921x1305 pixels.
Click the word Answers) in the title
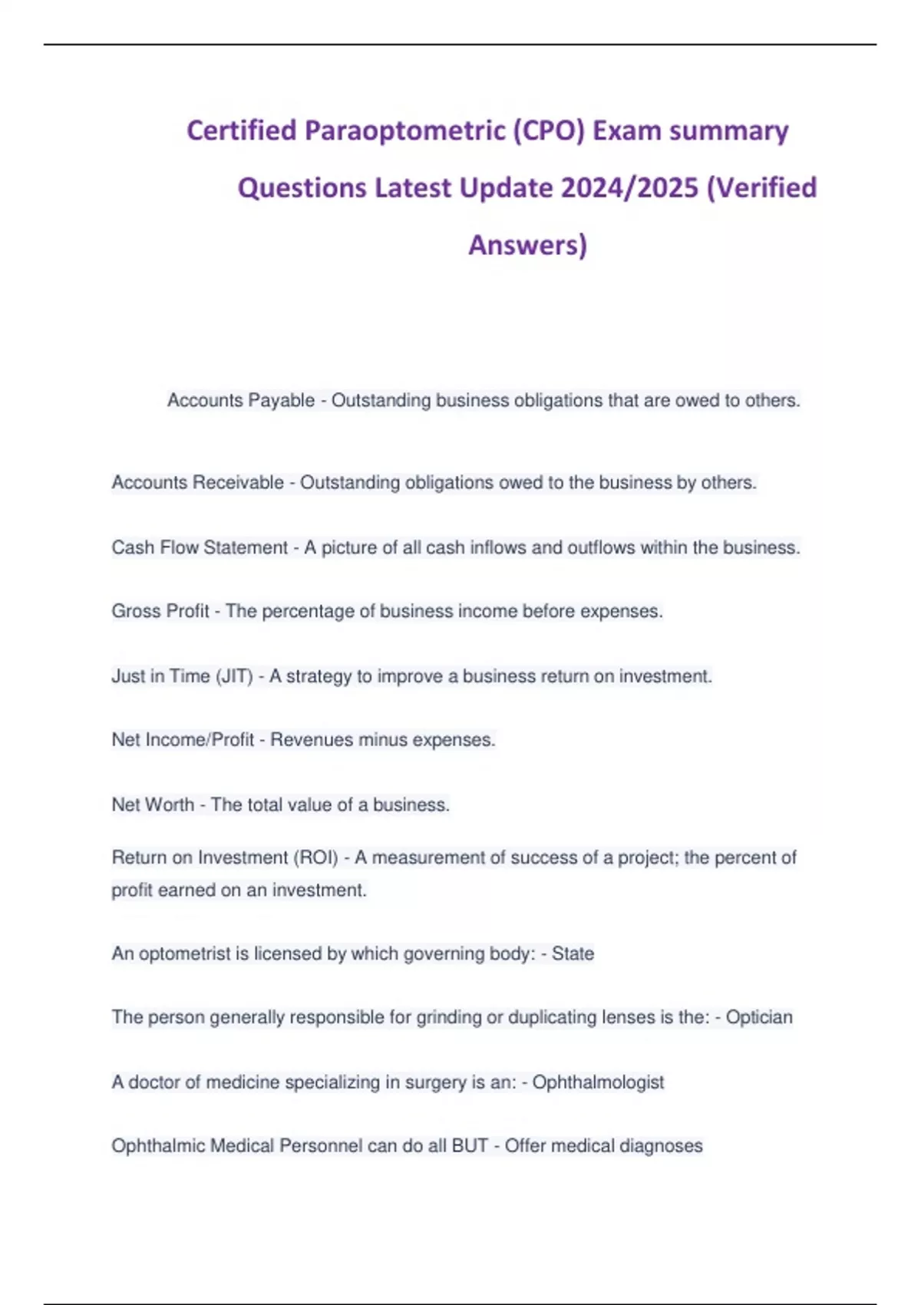coord(527,245)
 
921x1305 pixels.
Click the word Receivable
coord(239,483)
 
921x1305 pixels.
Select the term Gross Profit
coord(160,612)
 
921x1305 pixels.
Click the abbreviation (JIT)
coord(234,677)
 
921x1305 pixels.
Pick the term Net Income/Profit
coord(183,740)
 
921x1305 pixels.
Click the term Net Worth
coord(153,805)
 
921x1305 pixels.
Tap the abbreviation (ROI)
coord(316,857)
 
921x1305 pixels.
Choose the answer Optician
coord(759,1018)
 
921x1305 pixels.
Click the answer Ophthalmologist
coord(598,1082)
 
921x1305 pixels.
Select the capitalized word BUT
coord(470,1146)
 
